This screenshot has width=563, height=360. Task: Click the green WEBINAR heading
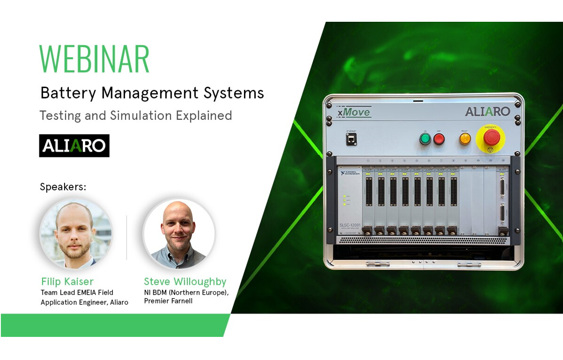click(x=94, y=59)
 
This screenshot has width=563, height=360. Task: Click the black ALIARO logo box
click(x=74, y=146)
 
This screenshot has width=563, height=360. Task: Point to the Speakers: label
click(x=63, y=187)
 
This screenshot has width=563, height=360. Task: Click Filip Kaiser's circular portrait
click(x=76, y=234)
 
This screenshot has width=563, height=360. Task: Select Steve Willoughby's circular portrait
click(x=179, y=234)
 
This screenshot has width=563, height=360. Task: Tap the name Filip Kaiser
click(x=67, y=281)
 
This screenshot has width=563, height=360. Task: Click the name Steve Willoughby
click(x=185, y=281)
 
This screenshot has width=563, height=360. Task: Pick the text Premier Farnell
click(x=168, y=301)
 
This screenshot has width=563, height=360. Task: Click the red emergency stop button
click(x=492, y=137)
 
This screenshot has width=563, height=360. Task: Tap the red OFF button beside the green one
click(x=439, y=139)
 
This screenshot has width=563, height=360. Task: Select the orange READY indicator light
click(x=465, y=139)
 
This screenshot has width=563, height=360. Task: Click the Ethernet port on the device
click(x=351, y=139)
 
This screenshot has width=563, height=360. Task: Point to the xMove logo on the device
click(x=354, y=112)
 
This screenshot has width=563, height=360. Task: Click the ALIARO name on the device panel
click(x=487, y=112)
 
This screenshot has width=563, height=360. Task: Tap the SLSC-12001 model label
click(x=349, y=225)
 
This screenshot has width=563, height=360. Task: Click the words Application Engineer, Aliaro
click(x=85, y=302)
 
